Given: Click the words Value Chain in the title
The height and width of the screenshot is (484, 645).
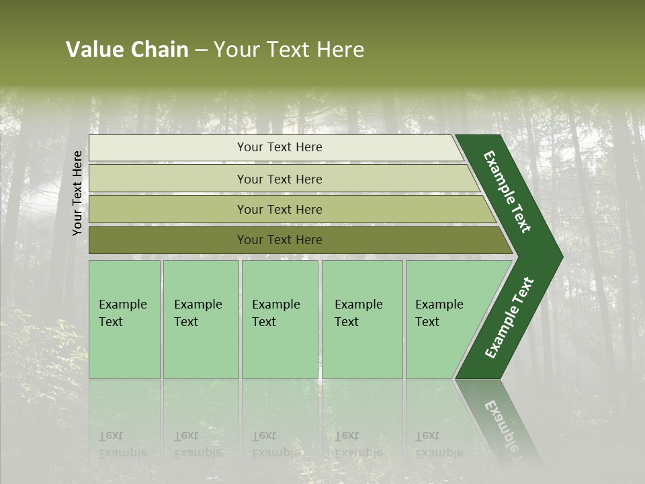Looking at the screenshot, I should click(x=127, y=50).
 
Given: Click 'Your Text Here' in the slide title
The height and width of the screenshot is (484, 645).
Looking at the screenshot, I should click(x=289, y=50).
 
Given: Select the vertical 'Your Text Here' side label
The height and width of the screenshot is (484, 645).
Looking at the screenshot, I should click(x=77, y=193).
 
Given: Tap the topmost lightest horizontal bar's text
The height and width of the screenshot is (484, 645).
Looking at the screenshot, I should click(x=279, y=147).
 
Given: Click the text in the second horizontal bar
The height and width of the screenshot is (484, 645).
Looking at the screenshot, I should click(x=279, y=179).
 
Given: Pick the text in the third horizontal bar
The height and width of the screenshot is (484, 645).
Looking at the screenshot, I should click(x=279, y=209).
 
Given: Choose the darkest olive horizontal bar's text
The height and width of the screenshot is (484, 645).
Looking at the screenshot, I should click(x=279, y=239).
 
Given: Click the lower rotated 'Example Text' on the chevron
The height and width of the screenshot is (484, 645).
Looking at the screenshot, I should click(x=509, y=318).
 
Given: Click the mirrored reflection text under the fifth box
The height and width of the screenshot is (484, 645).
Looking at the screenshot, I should click(x=439, y=444).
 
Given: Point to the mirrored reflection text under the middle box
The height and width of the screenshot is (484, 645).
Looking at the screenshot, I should click(x=276, y=444).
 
